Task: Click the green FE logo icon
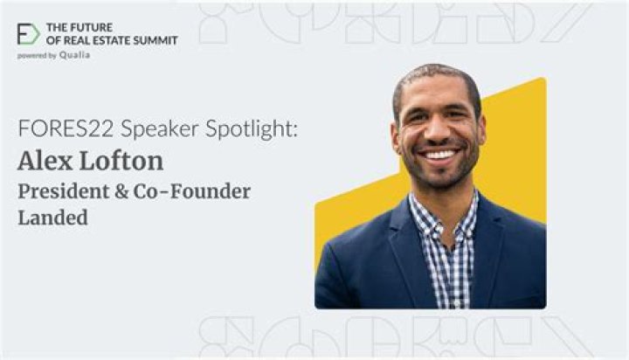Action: tap(28, 34)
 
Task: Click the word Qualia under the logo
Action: tap(74, 55)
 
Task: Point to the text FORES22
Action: tap(66, 128)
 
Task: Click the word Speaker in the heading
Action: tap(160, 129)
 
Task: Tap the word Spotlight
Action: tap(252, 129)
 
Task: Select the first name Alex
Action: tap(45, 161)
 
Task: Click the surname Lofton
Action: tap(121, 161)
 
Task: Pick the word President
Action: tap(64, 191)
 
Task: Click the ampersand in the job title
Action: tap(121, 191)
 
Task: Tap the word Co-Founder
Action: tap(192, 191)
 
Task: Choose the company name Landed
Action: tap(53, 218)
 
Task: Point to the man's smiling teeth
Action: tap(439, 155)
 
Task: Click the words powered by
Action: tap(37, 56)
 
